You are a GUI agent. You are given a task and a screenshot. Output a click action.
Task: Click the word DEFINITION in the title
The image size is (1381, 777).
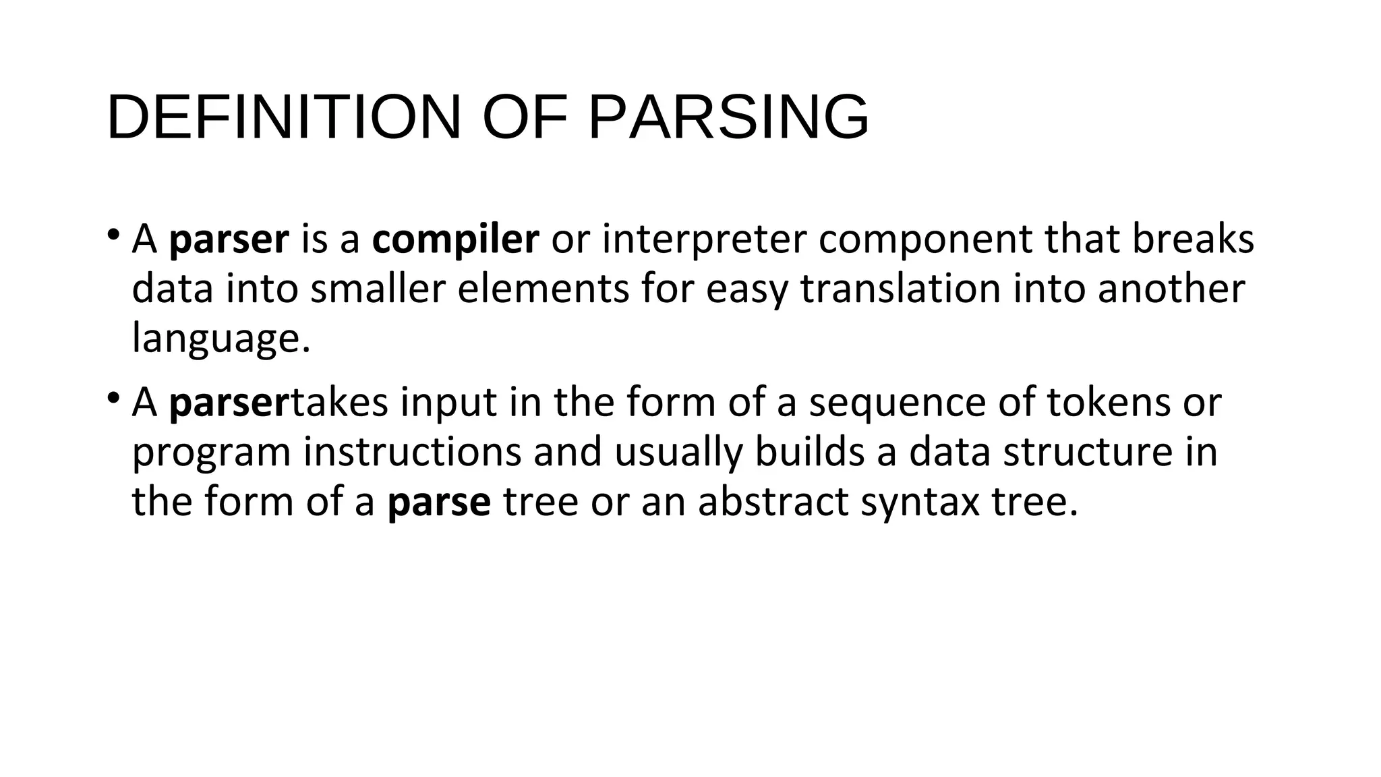(284, 117)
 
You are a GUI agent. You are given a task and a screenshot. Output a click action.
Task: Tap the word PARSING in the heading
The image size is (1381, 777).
(728, 117)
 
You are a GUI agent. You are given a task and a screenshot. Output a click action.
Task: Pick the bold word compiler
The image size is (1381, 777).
(455, 239)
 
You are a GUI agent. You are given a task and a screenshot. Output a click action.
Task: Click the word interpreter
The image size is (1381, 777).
(704, 239)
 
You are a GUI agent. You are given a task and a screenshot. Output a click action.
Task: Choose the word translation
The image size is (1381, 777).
(901, 289)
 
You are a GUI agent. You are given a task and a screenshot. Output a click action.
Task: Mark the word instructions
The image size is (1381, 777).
(412, 452)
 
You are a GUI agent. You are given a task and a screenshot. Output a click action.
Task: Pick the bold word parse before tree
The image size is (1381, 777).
(439, 502)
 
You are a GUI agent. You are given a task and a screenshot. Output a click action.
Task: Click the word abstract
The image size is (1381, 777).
(773, 502)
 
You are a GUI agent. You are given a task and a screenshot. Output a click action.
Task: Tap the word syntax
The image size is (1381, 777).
(920, 502)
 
